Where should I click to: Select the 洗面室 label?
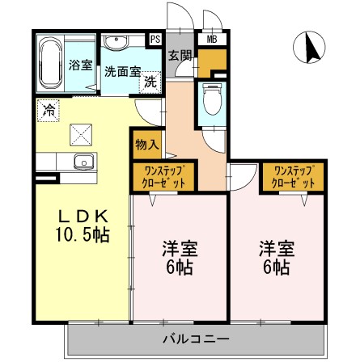121,71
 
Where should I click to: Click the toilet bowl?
213,102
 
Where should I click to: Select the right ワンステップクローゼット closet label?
292,176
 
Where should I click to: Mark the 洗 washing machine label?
150,82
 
